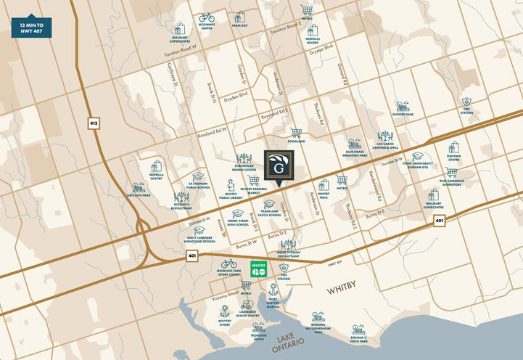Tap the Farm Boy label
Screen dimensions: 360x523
point(241,25)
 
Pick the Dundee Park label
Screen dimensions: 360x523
point(404,115)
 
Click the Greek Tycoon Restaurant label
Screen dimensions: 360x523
point(288,255)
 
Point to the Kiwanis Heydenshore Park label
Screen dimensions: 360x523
point(318,329)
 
